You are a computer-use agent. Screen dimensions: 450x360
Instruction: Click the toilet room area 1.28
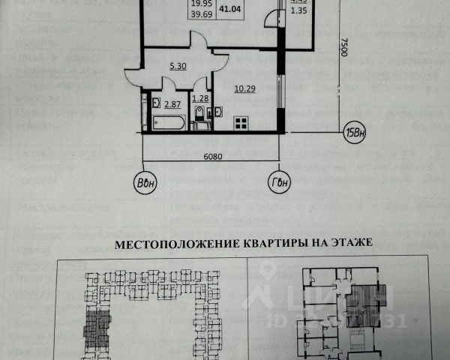200,98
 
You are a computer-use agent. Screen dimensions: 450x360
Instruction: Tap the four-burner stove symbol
241,123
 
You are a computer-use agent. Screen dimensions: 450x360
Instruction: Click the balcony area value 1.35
298,13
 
